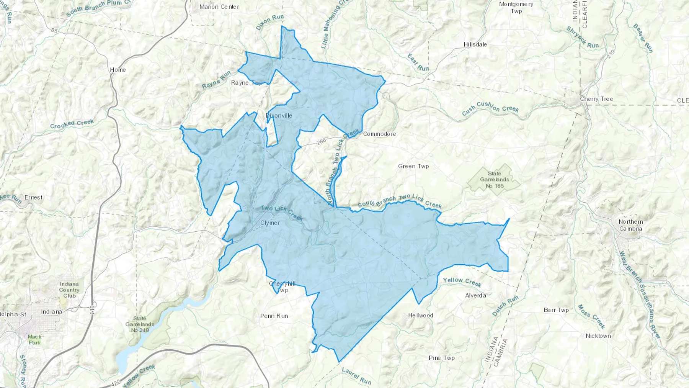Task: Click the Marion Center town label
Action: tap(219, 7)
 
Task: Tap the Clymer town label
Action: tap(270, 223)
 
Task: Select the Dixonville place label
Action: tap(279, 116)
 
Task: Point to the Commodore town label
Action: tap(379, 134)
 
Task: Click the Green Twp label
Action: tap(413, 166)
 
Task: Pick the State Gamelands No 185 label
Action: tap(495, 180)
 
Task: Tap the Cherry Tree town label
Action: tap(596, 99)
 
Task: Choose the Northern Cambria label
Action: tap(631, 225)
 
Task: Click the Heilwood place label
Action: tap(421, 316)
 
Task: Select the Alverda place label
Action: tap(475, 295)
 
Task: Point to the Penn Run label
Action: tap(274, 316)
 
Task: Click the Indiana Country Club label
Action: tap(69, 290)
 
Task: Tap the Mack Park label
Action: tap(34, 340)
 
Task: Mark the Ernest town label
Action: tap(33, 198)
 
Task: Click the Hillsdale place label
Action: tap(475, 44)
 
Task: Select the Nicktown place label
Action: tap(598, 336)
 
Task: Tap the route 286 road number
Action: tap(322, 142)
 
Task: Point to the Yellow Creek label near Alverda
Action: tap(462, 282)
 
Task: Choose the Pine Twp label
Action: tap(442, 358)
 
